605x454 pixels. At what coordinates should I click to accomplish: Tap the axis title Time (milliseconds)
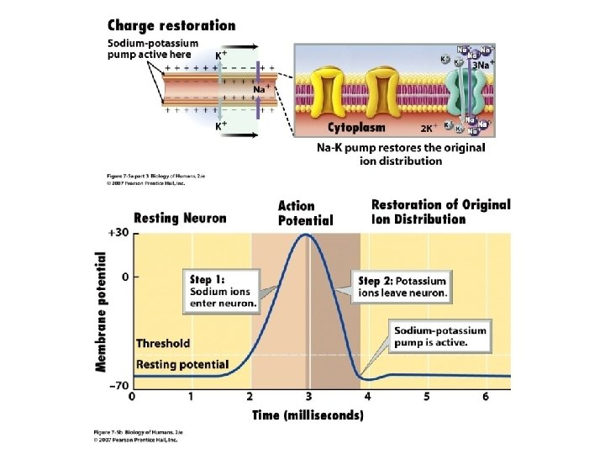(308, 414)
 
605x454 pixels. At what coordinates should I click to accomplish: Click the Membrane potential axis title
(102, 311)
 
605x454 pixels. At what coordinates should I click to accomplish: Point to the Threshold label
(163, 343)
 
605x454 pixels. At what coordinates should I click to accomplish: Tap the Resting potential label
(182, 365)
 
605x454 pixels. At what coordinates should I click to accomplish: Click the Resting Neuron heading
(180, 218)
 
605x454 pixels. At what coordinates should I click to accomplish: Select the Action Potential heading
(305, 213)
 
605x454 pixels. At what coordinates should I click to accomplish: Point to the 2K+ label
(429, 129)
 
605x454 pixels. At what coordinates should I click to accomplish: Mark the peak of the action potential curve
(308, 235)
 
